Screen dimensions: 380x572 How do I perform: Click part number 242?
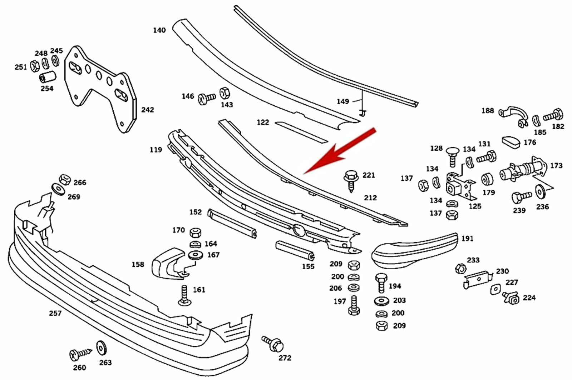pos(147,110)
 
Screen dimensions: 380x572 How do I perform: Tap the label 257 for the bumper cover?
pos(55,313)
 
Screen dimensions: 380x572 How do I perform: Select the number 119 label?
pos(156,150)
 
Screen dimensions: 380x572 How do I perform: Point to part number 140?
pos(159,30)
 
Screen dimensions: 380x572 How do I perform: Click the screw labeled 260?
pos(79,355)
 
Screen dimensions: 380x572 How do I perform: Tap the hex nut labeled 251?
pos(35,66)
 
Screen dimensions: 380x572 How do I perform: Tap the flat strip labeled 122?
pos(301,131)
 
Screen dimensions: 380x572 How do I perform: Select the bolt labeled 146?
pos(206,97)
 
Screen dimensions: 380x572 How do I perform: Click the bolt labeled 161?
pos(184,296)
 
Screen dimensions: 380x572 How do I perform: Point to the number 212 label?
pos(370,197)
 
